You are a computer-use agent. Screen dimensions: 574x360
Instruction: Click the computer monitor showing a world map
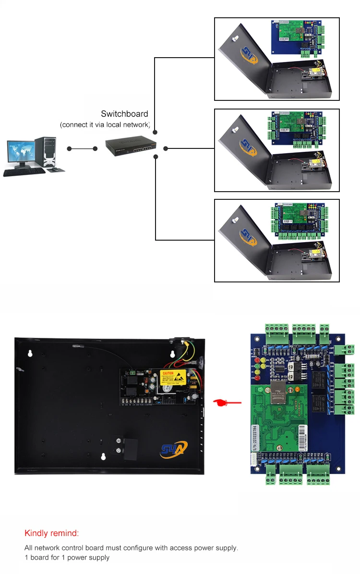click(x=20, y=153)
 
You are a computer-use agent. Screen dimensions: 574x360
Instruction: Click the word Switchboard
click(x=124, y=114)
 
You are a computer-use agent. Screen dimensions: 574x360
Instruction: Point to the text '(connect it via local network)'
click(x=105, y=125)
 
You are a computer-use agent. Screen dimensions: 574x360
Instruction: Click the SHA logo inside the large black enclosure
click(x=174, y=450)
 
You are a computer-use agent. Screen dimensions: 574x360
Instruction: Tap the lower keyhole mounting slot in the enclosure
click(x=102, y=457)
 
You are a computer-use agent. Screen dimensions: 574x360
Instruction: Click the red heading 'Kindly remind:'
click(x=51, y=533)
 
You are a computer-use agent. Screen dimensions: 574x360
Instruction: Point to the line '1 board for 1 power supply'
click(x=67, y=558)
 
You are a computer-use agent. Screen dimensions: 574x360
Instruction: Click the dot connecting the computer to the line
click(x=70, y=149)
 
